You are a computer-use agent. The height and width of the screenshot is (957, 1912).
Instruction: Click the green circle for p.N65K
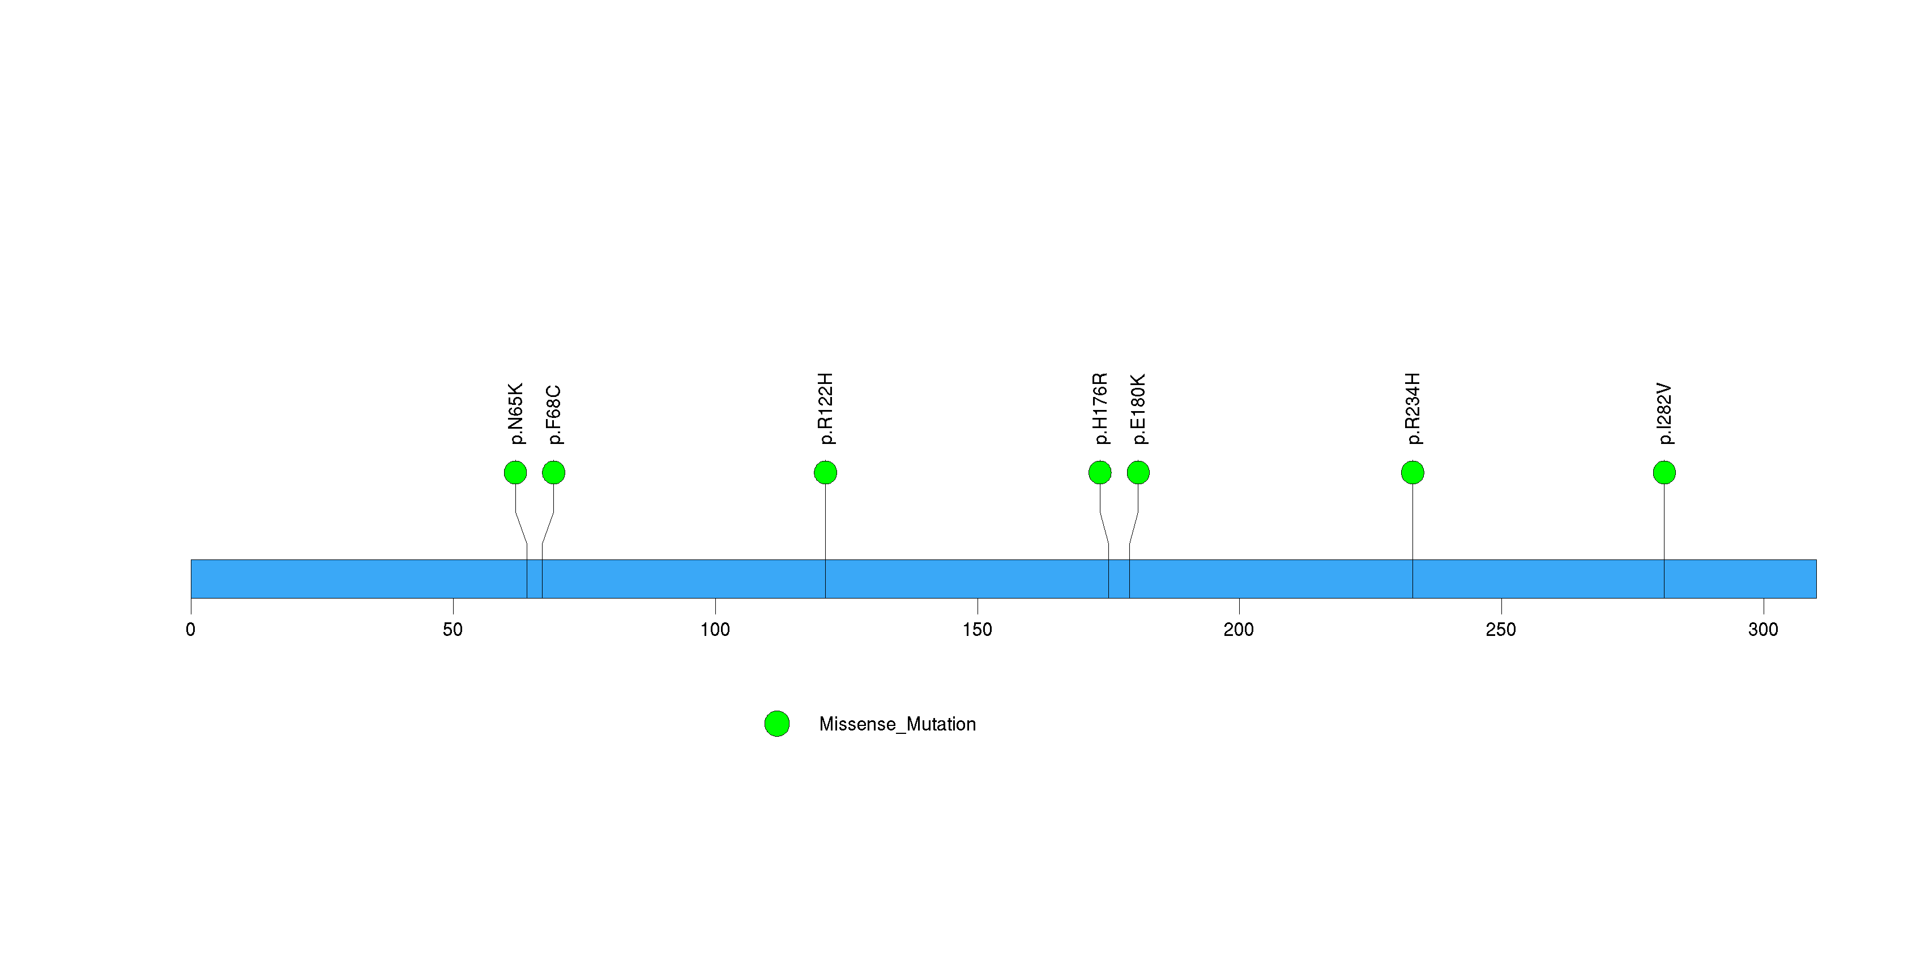pyautogui.click(x=515, y=473)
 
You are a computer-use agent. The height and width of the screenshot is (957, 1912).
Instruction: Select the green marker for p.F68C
pyautogui.click(x=554, y=473)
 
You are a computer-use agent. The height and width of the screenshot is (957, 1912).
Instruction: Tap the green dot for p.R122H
pyautogui.click(x=825, y=473)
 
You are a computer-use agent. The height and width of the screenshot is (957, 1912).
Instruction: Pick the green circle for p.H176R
pyautogui.click(x=1100, y=473)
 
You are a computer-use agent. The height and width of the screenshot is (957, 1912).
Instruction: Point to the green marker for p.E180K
pyautogui.click(x=1138, y=473)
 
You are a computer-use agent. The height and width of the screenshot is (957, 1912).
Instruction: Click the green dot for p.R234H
pyautogui.click(x=1412, y=473)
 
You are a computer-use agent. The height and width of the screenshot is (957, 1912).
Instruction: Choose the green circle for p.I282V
pyautogui.click(x=1664, y=473)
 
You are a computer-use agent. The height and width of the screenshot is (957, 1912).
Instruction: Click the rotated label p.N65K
pyautogui.click(x=516, y=414)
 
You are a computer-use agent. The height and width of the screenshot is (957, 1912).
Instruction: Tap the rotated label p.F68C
pyautogui.click(x=554, y=415)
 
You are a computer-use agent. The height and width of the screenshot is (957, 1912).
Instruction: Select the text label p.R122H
pyautogui.click(x=825, y=409)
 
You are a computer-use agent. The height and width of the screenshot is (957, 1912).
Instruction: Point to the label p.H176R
pyautogui.click(x=1100, y=409)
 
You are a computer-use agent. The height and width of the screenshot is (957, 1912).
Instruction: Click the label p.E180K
pyautogui.click(x=1138, y=409)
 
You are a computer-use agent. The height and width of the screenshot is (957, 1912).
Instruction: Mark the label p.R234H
pyautogui.click(x=1412, y=409)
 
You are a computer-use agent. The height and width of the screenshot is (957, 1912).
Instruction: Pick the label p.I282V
pyautogui.click(x=1665, y=414)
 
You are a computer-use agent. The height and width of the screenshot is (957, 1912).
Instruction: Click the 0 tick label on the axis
pyautogui.click(x=191, y=630)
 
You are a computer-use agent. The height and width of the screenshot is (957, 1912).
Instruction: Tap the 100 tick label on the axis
pyautogui.click(x=715, y=630)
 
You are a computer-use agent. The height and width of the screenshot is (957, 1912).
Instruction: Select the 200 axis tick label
pyautogui.click(x=1239, y=630)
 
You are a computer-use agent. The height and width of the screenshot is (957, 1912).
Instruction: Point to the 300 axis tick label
pyautogui.click(x=1763, y=630)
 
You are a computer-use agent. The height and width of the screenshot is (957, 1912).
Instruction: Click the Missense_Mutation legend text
pyautogui.click(x=897, y=724)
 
